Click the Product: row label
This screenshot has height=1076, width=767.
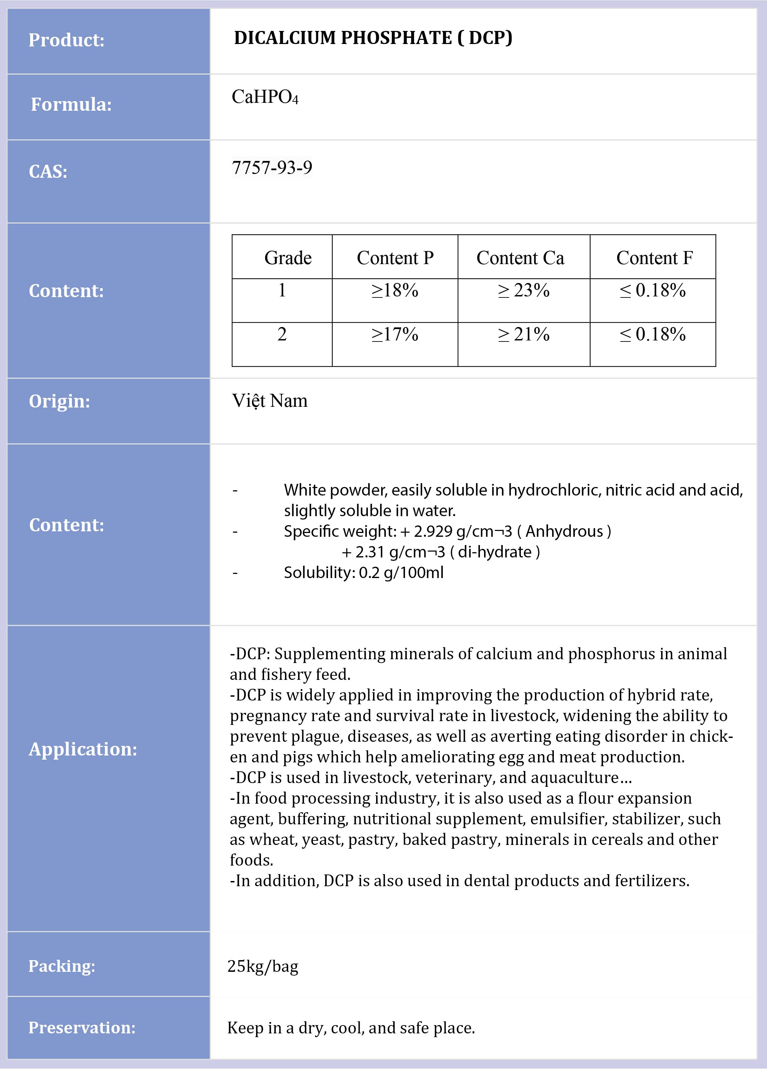tap(66, 40)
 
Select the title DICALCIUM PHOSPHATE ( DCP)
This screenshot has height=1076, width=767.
tap(373, 38)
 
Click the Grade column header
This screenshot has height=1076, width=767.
tap(288, 258)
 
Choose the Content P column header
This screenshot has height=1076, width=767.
tap(395, 258)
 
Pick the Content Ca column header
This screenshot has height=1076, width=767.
tap(520, 258)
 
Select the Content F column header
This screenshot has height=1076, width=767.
tap(654, 258)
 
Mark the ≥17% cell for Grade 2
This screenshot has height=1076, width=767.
tap(395, 334)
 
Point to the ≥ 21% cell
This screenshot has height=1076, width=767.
tap(523, 334)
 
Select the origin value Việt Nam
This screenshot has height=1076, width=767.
tap(269, 401)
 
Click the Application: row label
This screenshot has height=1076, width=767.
tap(83, 749)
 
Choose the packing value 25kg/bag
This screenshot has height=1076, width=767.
tap(263, 966)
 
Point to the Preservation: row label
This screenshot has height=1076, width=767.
tap(82, 1028)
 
